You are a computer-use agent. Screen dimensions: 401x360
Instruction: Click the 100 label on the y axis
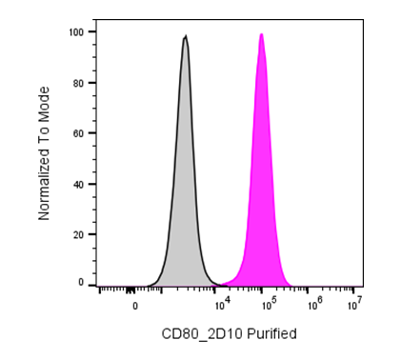point(76,32)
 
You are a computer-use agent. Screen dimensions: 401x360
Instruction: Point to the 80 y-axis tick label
point(79,83)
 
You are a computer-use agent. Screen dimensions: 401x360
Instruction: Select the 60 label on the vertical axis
point(79,133)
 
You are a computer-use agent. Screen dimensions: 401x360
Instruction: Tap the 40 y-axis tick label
point(79,184)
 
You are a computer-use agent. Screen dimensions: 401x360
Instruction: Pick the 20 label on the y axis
point(79,234)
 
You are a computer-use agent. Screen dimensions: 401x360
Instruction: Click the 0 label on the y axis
point(81,283)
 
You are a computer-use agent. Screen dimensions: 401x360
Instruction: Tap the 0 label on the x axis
point(135,307)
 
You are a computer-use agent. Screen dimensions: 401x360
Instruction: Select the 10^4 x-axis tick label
point(221,304)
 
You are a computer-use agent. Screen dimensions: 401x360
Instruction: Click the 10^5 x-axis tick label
point(268,304)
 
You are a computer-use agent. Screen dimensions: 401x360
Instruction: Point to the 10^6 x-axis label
point(314,304)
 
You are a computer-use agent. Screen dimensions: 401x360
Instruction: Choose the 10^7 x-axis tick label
point(355,304)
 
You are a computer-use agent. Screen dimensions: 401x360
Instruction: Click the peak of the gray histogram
point(186,35)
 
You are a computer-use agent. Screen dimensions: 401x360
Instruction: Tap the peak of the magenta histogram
point(262,33)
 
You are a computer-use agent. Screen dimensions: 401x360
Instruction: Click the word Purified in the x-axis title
point(271,334)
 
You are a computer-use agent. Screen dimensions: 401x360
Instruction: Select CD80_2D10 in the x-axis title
point(202,334)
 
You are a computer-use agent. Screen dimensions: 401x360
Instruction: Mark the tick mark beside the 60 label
point(92,133)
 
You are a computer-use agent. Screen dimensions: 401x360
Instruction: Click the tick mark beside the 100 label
point(92,32)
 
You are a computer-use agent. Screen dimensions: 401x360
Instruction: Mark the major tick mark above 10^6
point(308,290)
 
